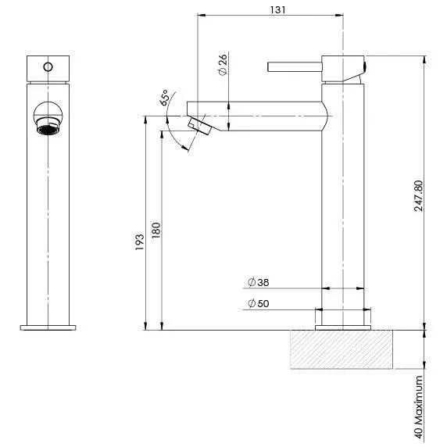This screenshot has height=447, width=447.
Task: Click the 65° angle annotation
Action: click(x=166, y=98)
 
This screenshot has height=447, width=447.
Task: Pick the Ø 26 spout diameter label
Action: click(x=222, y=66)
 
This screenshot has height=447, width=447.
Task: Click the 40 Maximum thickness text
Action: click(x=420, y=409)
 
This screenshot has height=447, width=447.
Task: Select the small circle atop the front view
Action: click(x=48, y=66)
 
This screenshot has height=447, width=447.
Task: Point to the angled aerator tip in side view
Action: click(x=200, y=125)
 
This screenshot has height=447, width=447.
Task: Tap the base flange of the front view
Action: click(x=48, y=327)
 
